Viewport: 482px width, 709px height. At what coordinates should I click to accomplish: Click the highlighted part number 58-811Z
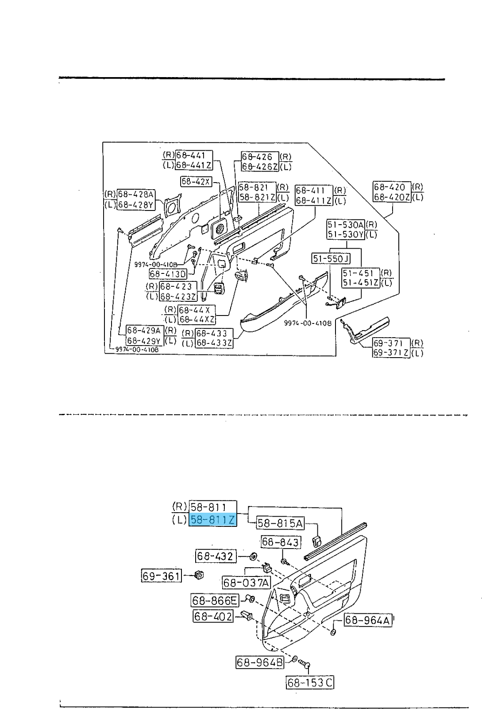pyautogui.click(x=213, y=519)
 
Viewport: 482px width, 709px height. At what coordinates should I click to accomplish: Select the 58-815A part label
pyautogui.click(x=280, y=523)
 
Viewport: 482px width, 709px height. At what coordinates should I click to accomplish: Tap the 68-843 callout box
pyautogui.click(x=281, y=541)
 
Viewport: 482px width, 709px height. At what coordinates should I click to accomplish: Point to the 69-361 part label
pyautogui.click(x=162, y=576)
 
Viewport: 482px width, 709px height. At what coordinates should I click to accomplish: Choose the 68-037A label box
pyautogui.click(x=247, y=583)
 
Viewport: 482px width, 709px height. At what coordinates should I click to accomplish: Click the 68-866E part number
pyautogui.click(x=215, y=600)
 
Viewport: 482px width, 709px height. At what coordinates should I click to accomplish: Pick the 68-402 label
pyautogui.click(x=213, y=616)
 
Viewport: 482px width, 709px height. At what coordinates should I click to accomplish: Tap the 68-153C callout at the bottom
pyautogui.click(x=310, y=683)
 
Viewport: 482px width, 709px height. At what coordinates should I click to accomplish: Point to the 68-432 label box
pyautogui.click(x=216, y=556)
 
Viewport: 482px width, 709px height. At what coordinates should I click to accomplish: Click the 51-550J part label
pyautogui.click(x=331, y=258)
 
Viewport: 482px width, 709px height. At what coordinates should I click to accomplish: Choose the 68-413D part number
pyautogui.click(x=168, y=274)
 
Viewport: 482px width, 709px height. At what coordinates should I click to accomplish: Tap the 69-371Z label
pyautogui.click(x=391, y=353)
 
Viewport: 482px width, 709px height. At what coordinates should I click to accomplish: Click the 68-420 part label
pyautogui.click(x=392, y=187)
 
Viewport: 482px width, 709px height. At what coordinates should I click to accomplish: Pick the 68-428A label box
pyautogui.click(x=136, y=195)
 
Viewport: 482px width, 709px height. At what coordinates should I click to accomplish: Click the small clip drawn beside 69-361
pyautogui.click(x=199, y=575)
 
